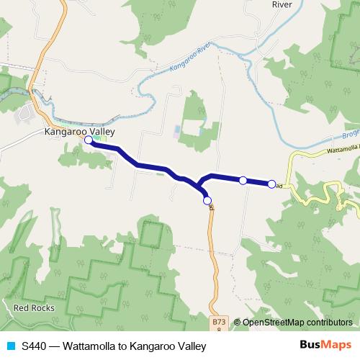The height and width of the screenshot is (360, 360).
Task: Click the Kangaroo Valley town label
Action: coord(79,132)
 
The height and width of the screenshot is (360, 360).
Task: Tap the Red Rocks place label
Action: coord(32,307)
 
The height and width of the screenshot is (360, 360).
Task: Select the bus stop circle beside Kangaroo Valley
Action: coord(88,141)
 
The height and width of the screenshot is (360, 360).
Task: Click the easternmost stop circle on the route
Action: coord(271,184)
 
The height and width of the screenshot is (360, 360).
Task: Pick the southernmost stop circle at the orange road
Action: coord(207,200)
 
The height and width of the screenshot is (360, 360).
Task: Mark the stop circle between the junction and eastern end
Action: coord(243,180)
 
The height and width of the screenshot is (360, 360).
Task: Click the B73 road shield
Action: coord(220,323)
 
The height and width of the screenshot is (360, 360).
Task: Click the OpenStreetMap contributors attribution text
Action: coord(297,323)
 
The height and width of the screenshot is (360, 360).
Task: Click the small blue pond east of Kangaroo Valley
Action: coord(177,131)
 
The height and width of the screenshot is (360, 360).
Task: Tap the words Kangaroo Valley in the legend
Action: coord(168,345)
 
